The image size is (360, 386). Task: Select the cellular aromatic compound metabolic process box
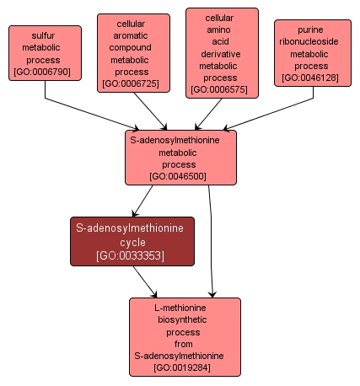(x=132, y=51)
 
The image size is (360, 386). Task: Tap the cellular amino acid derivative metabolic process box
(x=221, y=52)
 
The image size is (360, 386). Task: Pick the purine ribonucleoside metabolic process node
(x=311, y=53)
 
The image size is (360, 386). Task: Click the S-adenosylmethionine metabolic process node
(x=180, y=158)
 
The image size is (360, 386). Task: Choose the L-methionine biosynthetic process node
(x=184, y=337)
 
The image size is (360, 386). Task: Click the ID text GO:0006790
(x=46, y=72)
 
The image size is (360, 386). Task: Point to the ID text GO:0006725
(x=132, y=83)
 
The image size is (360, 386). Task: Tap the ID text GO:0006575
(x=221, y=88)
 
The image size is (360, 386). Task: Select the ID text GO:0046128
(x=311, y=78)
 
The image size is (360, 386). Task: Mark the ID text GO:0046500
(x=180, y=177)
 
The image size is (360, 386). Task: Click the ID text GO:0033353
(x=131, y=255)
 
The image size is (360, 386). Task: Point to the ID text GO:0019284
(x=184, y=368)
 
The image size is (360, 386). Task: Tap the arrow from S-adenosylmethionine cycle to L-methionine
(x=148, y=281)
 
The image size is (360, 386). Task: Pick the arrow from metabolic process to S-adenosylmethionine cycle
(x=143, y=201)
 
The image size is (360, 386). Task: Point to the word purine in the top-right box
(x=311, y=29)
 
